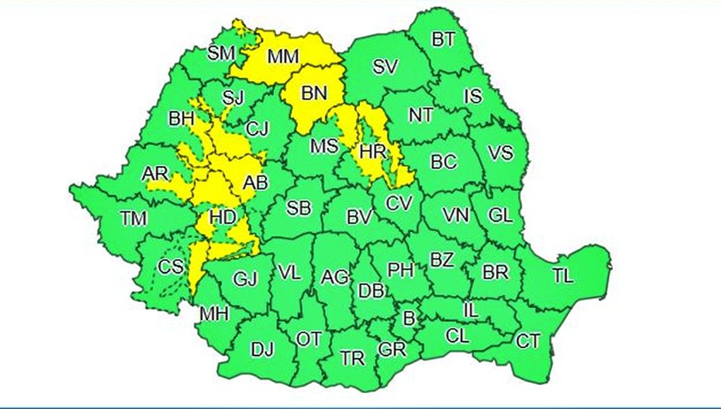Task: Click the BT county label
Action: pyautogui.click(x=443, y=40)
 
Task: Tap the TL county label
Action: pyautogui.click(x=563, y=276)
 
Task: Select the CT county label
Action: pyautogui.click(x=527, y=341)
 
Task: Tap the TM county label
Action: pyautogui.click(x=133, y=219)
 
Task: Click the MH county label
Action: pyautogui.click(x=214, y=314)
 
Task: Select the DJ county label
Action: pyautogui.click(x=262, y=348)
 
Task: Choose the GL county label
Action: pyautogui.click(x=499, y=215)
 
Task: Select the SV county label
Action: pyautogui.click(x=385, y=67)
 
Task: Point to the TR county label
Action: pyautogui.click(x=352, y=359)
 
